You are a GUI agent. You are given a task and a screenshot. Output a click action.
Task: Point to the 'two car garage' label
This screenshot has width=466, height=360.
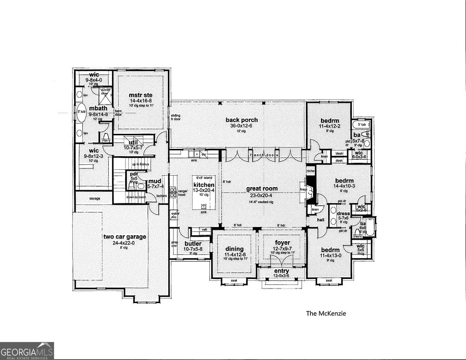tap(124, 237)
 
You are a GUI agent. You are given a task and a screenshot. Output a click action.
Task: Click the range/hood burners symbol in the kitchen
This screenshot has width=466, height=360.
tap(173, 191)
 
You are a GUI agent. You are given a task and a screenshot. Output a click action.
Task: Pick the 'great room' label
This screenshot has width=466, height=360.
tap(262, 188)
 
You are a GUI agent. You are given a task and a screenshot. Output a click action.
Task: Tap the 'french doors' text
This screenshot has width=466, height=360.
tap(263, 155)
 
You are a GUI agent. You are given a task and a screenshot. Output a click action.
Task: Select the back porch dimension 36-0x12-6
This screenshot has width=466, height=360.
tap(242, 126)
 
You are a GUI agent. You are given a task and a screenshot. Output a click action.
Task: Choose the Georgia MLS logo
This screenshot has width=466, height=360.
tap(27, 351)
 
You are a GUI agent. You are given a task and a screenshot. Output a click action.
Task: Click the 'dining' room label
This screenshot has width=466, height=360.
tap(235, 249)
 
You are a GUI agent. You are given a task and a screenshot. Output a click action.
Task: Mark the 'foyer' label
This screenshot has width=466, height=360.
tap(282, 243)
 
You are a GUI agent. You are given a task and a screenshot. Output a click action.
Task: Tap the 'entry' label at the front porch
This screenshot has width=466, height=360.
tap(281, 271)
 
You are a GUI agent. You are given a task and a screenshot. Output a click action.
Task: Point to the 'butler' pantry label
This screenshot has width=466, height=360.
tap(192, 243)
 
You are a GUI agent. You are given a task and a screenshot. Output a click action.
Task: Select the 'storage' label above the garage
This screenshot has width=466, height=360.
tap(94, 198)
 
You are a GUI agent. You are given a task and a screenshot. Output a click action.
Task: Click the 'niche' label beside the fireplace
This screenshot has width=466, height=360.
tap(311, 171)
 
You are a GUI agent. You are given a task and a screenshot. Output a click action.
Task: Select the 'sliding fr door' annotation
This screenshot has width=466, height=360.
tap(176, 117)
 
